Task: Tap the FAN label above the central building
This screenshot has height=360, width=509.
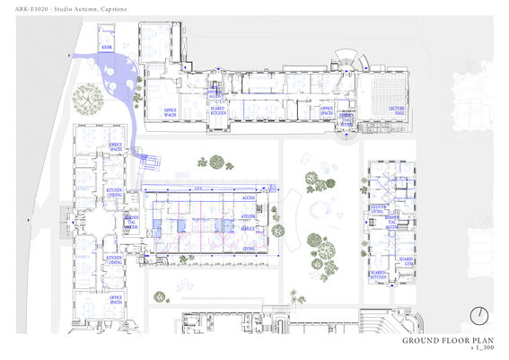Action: pos(197,188)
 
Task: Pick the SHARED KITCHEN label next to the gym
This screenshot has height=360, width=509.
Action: pos(380,275)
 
